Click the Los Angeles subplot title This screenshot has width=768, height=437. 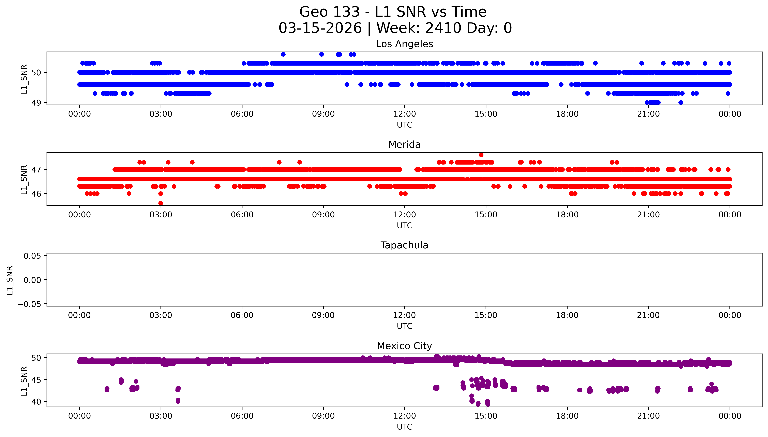pos(404,44)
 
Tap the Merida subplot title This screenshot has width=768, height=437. pos(404,145)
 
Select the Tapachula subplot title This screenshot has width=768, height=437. pos(404,245)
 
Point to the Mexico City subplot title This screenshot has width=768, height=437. pos(404,346)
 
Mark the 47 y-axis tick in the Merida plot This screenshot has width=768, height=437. pos(36,170)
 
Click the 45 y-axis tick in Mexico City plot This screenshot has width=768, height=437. pos(36,380)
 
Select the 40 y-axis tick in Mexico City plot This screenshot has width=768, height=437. pos(36,402)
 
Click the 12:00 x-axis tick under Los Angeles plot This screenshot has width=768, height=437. pos(404,114)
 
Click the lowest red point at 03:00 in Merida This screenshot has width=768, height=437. pos(161,203)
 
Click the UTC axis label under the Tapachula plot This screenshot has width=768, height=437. pos(404,326)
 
